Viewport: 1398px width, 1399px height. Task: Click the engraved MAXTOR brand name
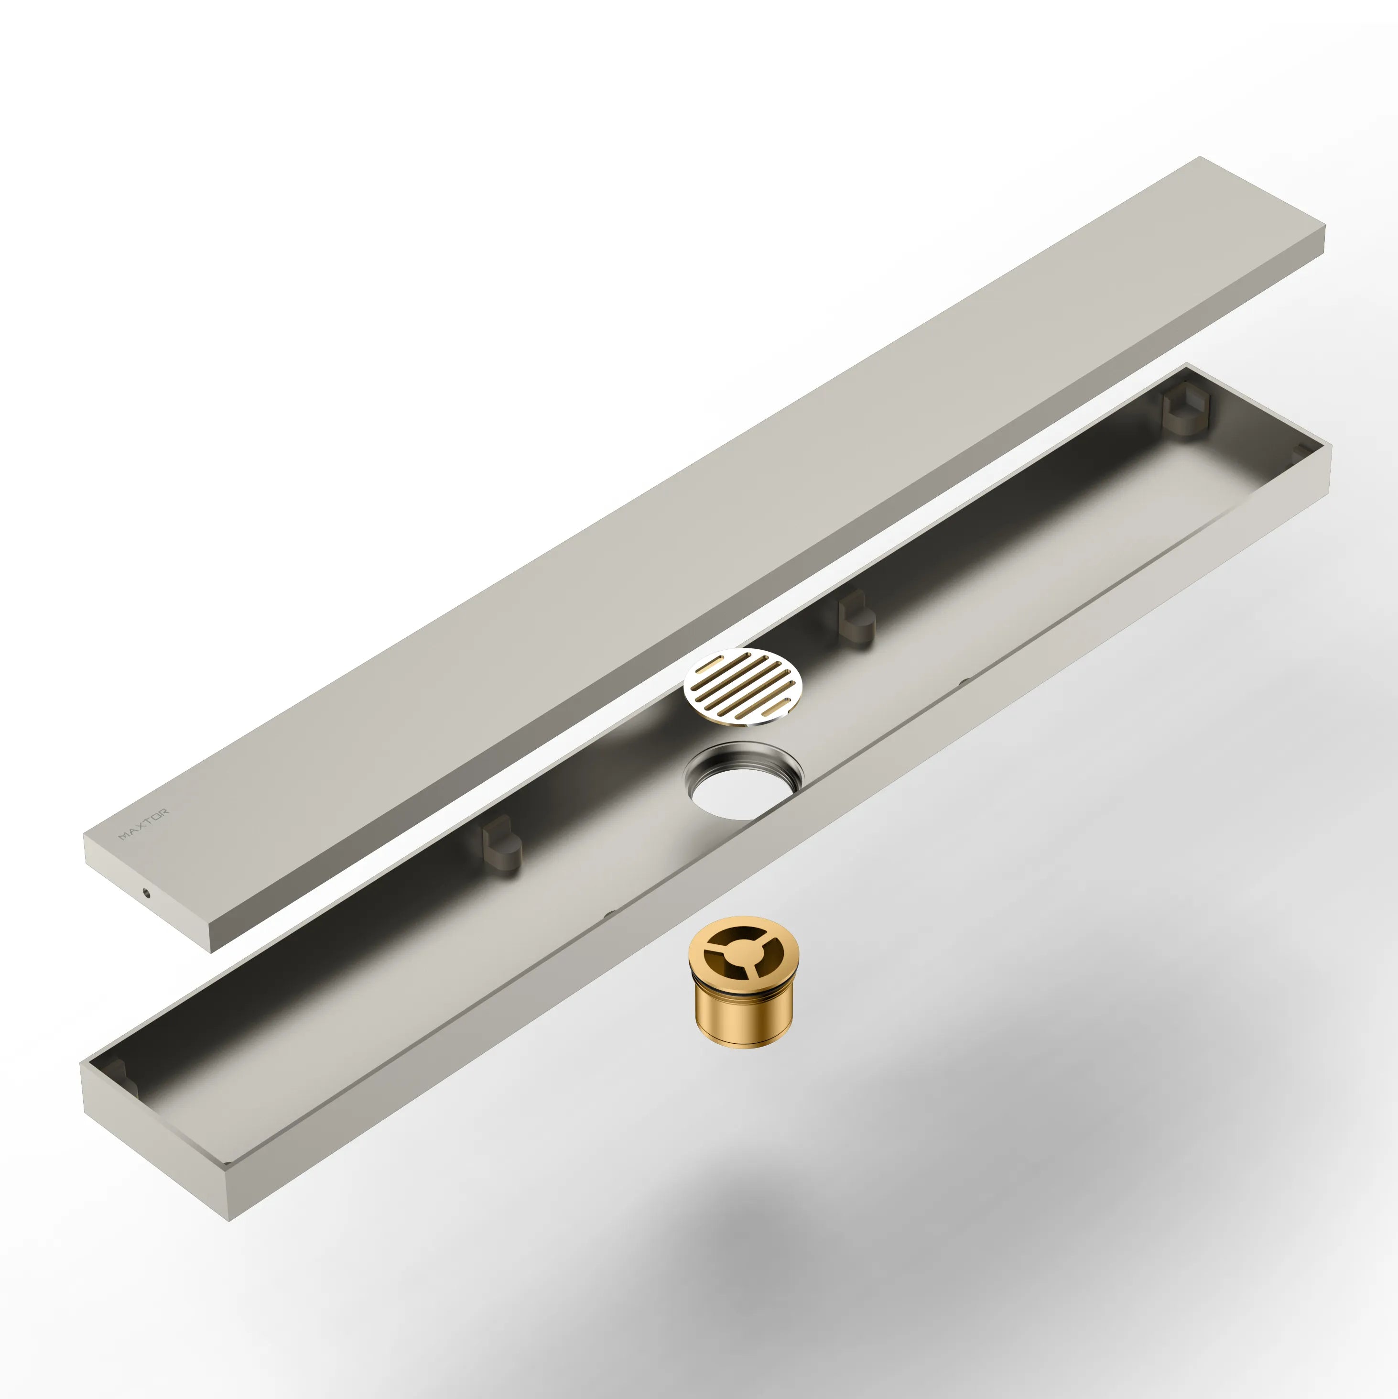click(144, 824)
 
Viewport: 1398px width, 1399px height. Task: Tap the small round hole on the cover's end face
click(148, 893)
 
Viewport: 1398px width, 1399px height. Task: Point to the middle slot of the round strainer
click(743, 687)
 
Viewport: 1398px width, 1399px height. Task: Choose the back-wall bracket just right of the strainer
click(856, 616)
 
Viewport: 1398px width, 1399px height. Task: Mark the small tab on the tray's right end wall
click(1301, 451)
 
